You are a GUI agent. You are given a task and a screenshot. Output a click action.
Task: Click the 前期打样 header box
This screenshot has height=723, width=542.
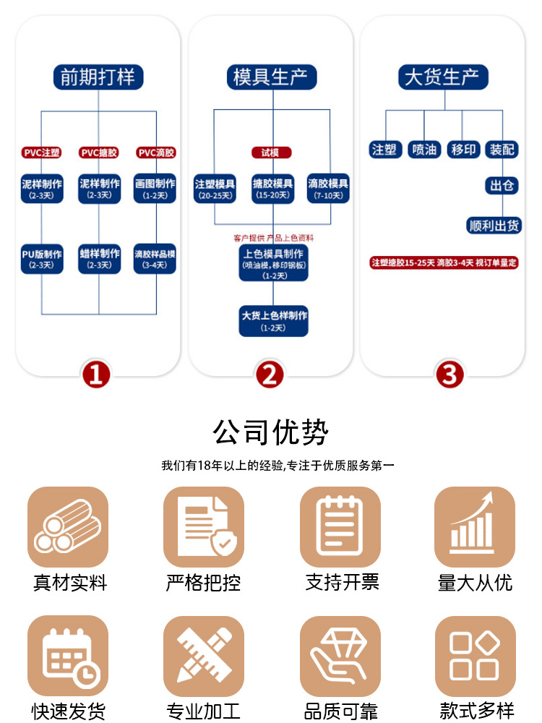pyautogui.click(x=98, y=77)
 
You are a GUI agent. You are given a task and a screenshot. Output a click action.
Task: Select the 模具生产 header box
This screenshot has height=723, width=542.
pyautogui.click(x=271, y=77)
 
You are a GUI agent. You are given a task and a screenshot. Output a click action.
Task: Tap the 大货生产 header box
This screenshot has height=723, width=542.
pyautogui.click(x=444, y=77)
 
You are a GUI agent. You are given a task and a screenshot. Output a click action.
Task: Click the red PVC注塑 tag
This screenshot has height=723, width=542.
pyautogui.click(x=41, y=153)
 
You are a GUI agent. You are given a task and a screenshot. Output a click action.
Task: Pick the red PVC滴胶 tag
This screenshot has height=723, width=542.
pyautogui.click(x=156, y=153)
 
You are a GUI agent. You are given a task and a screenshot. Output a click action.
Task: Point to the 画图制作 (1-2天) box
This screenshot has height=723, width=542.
pyautogui.click(x=155, y=188)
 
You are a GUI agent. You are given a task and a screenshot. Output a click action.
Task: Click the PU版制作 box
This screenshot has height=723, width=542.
pyautogui.click(x=41, y=258)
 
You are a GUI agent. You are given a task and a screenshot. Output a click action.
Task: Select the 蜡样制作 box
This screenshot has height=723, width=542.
pyautogui.click(x=99, y=258)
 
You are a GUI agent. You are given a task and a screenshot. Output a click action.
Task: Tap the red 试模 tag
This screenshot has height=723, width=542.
pyautogui.click(x=271, y=153)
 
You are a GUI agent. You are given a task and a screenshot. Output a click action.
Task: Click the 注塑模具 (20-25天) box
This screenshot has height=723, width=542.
pyautogui.click(x=215, y=188)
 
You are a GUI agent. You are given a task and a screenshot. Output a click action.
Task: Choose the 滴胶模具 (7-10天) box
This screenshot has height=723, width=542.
pyautogui.click(x=328, y=188)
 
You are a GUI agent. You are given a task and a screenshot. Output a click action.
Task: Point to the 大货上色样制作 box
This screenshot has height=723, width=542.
pyautogui.click(x=274, y=320)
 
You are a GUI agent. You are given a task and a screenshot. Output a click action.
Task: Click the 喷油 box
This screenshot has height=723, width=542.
pyautogui.click(x=424, y=150)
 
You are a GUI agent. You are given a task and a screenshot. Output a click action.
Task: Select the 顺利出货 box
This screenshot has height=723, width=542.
pyautogui.click(x=494, y=226)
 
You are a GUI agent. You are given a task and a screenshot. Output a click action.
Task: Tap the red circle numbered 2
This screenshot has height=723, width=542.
pyautogui.click(x=270, y=375)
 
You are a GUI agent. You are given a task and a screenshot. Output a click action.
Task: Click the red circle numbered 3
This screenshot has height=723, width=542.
pyautogui.click(x=449, y=375)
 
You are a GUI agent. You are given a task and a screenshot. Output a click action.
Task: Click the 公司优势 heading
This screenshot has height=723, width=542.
pyautogui.click(x=271, y=432)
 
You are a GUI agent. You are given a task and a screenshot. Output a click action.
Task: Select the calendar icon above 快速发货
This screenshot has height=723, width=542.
pyautogui.click(x=68, y=656)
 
